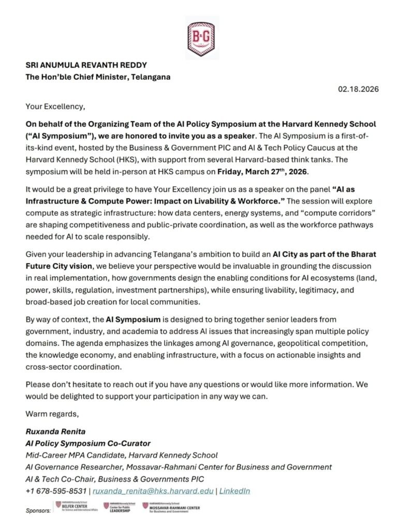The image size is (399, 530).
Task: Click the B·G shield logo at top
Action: (x=202, y=36)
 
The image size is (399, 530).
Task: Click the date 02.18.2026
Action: (x=359, y=89)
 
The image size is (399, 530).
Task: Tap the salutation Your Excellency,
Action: (x=55, y=107)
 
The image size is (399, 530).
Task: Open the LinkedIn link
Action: (x=234, y=491)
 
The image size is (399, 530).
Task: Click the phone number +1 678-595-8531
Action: (x=56, y=491)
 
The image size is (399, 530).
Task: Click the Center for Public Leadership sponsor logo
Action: (x=121, y=507)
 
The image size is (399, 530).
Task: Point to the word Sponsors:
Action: (x=38, y=510)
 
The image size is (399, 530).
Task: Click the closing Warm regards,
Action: (x=48, y=414)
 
